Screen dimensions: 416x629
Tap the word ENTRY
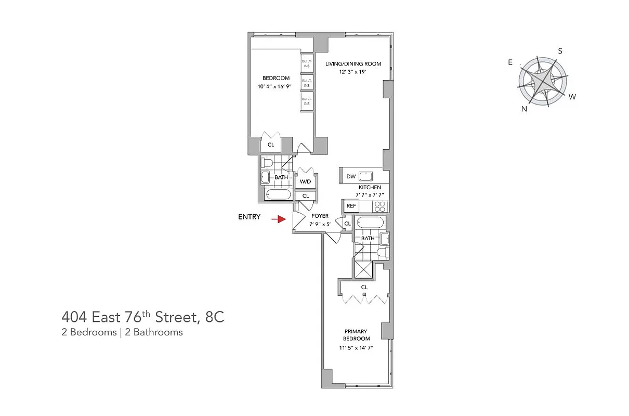249,217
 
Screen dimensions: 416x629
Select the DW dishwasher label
351,177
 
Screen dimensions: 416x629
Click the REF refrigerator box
351,206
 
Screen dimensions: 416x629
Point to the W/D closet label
305,182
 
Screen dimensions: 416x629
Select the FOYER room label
320,216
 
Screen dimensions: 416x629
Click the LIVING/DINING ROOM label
353,64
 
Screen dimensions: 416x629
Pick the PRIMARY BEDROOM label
356,335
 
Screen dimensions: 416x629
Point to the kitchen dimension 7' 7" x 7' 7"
370,195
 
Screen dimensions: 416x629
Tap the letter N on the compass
524,109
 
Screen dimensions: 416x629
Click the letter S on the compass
560,51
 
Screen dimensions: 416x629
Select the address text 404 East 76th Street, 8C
143,317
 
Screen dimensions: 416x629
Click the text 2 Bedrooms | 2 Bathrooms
122,332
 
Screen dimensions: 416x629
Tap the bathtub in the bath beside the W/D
278,195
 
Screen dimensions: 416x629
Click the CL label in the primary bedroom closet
364,287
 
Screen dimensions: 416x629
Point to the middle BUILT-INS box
307,83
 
